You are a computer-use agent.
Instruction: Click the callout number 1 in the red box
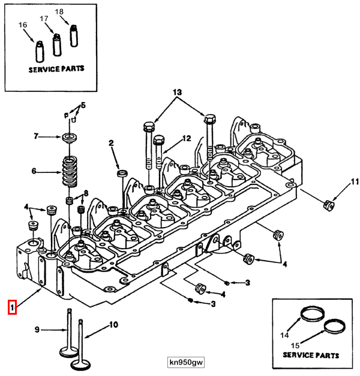(11, 308)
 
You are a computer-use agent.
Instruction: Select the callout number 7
(36, 137)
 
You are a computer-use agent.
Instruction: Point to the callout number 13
(176, 92)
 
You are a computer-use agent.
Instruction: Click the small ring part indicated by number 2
(121, 174)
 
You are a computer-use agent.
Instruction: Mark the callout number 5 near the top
(83, 105)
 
